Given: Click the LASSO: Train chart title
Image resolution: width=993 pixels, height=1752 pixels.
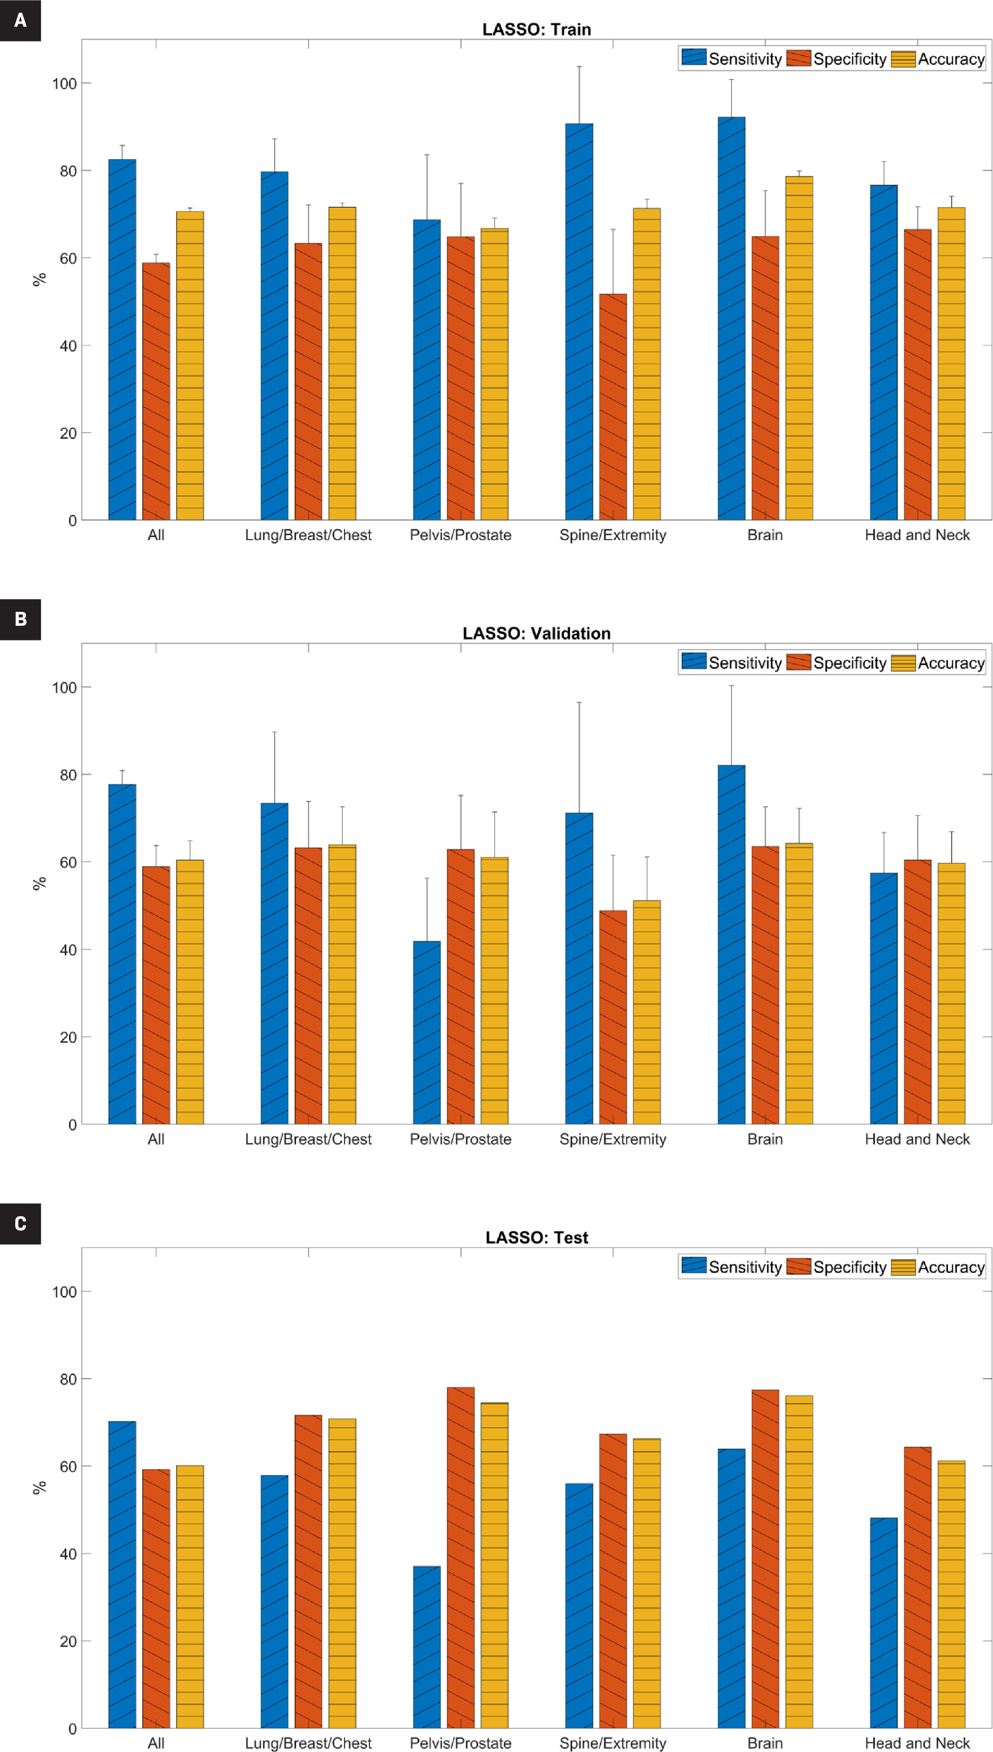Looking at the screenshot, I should pyautogui.click(x=536, y=29).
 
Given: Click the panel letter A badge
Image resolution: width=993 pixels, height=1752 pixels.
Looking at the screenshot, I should pyautogui.click(x=21, y=21).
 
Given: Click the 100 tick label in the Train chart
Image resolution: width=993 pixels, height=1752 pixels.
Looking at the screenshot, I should pyautogui.click(x=64, y=84).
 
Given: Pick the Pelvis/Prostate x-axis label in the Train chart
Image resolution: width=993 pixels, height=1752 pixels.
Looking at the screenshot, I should pyautogui.click(x=461, y=535).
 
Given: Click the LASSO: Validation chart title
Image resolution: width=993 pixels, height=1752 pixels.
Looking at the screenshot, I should pyautogui.click(x=536, y=633).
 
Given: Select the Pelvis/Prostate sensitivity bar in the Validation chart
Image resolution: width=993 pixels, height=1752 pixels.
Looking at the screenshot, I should pyautogui.click(x=427, y=1032).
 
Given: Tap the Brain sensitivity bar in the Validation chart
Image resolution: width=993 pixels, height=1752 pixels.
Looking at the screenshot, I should pyautogui.click(x=731, y=945).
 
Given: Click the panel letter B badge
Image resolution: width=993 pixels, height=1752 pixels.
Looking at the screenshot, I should pyautogui.click(x=21, y=619).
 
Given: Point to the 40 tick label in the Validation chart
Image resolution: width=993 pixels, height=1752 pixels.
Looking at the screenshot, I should pyautogui.click(x=68, y=950).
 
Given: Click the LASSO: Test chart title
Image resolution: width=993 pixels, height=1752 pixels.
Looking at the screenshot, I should pyautogui.click(x=536, y=1238).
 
